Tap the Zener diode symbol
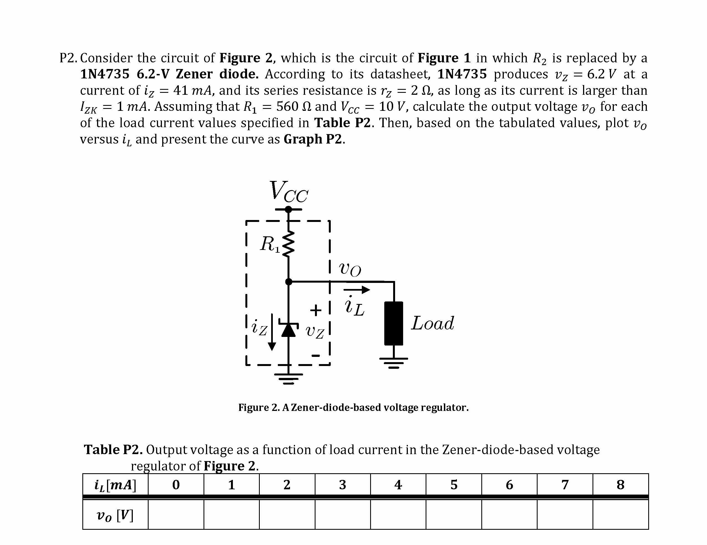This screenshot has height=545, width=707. tap(288, 330)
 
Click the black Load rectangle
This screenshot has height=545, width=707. tap(393, 323)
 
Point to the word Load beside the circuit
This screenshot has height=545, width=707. tap(433, 323)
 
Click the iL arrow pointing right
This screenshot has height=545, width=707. tap(357, 290)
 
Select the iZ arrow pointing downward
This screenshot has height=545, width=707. tap(272, 332)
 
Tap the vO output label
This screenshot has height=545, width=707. tap(350, 269)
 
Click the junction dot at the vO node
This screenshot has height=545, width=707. tap(288, 282)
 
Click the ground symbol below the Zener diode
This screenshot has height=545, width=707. tap(288, 378)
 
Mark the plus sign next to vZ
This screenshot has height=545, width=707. tap(316, 310)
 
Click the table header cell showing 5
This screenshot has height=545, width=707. tap(454, 485)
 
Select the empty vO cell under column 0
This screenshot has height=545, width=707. tap(176, 515)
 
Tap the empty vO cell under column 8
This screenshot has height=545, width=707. tap(620, 515)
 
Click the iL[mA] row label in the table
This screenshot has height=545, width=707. tap(115, 485)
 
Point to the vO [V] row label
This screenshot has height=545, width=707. tap(115, 515)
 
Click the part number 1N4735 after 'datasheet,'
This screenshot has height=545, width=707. tap(462, 74)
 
